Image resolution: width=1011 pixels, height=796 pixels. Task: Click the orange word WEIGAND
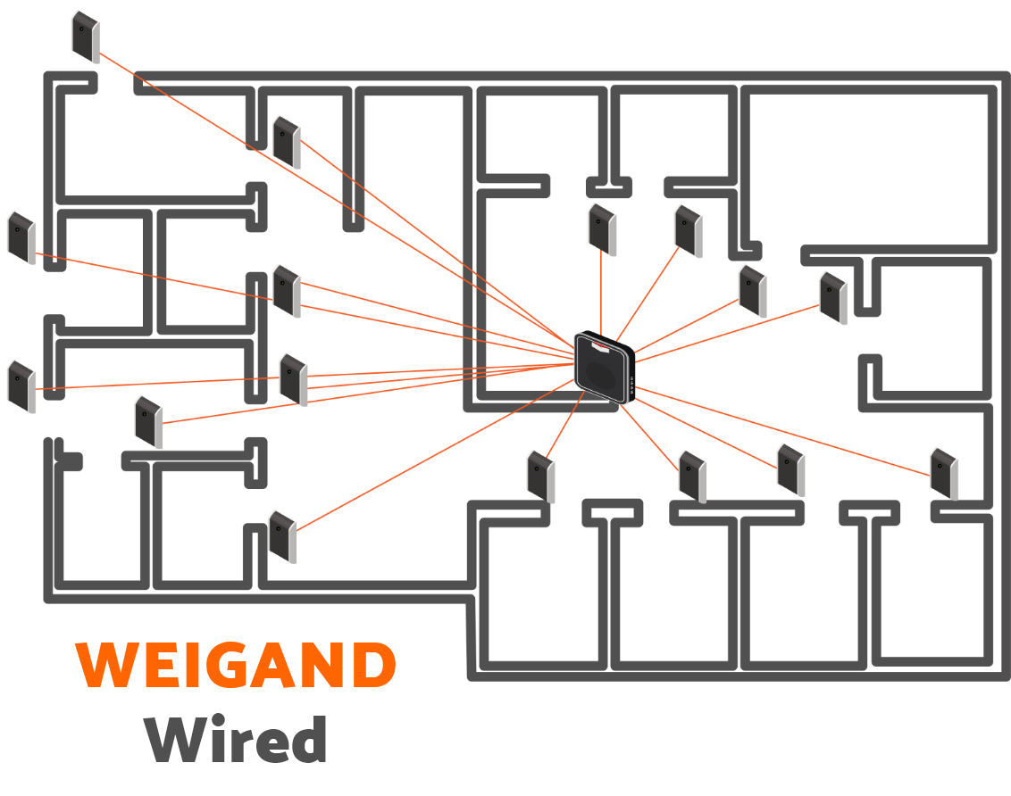tap(236, 666)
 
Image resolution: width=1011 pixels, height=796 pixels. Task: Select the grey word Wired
tap(236, 741)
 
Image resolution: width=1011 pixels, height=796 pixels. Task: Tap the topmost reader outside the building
tap(86, 37)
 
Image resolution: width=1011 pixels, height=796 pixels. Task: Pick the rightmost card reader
tap(944, 473)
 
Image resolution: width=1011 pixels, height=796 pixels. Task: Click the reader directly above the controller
tap(602, 228)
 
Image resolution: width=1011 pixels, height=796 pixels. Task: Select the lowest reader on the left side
tap(282, 535)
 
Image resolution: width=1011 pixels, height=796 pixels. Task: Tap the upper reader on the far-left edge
tap(21, 237)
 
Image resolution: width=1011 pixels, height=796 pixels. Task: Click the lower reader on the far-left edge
tap(21, 386)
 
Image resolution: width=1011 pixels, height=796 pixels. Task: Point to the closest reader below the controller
tap(540, 477)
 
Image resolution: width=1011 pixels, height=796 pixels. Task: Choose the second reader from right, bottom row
tap(791, 469)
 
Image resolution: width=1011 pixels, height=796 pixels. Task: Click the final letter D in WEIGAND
tap(374, 666)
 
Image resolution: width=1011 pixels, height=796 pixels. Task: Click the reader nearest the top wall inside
tap(287, 141)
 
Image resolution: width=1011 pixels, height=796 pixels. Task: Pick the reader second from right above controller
tap(752, 290)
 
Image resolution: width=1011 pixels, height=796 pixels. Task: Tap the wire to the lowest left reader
tap(429, 456)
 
